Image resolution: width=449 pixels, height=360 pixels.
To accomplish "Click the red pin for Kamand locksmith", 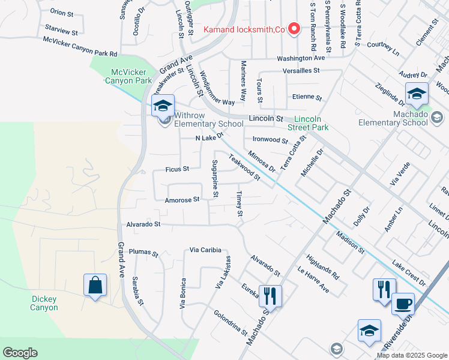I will [294, 29].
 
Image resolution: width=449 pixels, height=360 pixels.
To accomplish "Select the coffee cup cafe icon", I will [403, 303].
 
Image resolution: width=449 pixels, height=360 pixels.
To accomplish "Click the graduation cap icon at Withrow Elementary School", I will [162, 106].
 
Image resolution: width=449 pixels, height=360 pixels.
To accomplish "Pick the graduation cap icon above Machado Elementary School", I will [416, 93].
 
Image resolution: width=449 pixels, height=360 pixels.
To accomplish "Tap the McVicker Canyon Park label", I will [127, 76].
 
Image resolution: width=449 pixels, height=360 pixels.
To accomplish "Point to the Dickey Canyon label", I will [44, 303].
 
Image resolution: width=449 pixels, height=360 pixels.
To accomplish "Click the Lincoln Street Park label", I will [312, 123].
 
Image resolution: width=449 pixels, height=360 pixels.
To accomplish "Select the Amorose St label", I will [182, 200].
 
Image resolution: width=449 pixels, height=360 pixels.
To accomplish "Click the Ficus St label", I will [177, 169].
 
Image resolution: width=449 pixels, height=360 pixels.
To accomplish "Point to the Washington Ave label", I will [300, 58].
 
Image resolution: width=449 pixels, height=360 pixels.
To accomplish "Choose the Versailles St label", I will [302, 70].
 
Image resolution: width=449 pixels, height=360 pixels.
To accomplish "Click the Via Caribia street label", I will [206, 250].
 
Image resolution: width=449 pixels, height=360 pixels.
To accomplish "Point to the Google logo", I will [20, 353].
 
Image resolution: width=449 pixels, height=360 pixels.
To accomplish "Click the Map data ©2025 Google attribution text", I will [411, 355].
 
